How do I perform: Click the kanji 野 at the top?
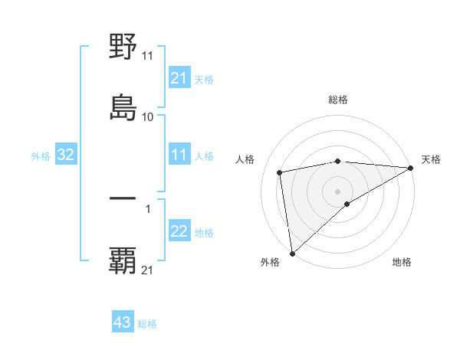point(123,47)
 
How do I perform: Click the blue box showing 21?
point(179,78)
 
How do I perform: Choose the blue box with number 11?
point(179,155)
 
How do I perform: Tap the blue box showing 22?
point(179,231)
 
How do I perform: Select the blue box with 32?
point(66,155)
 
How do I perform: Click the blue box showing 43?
point(123,322)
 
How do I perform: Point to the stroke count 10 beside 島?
point(148,116)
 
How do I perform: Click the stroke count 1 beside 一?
point(148,208)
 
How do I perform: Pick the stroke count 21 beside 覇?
point(148,270)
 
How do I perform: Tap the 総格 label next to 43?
point(147,324)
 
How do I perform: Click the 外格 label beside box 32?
point(41,156)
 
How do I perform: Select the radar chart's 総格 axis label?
point(338,100)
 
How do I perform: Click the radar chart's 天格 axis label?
point(431,159)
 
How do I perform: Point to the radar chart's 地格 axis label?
point(402,263)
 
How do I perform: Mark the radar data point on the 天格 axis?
point(411,168)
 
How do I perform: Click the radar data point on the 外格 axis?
point(292,254)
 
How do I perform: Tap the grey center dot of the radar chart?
point(338,191)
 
